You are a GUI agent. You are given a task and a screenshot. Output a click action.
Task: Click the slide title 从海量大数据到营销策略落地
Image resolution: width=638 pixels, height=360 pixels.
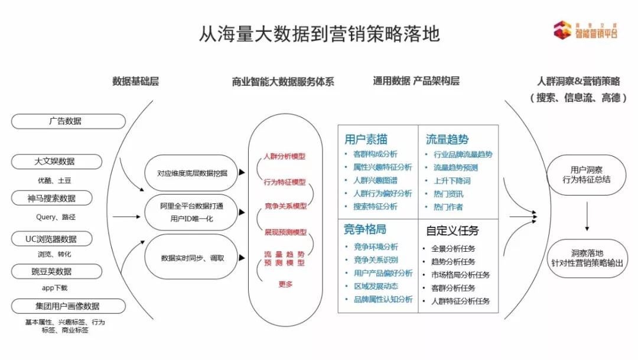pos(320,34)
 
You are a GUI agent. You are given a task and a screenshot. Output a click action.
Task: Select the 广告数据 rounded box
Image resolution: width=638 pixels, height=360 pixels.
pos(69,121)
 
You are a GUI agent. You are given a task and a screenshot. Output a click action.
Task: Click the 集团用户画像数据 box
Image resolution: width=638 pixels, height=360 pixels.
pos(69,306)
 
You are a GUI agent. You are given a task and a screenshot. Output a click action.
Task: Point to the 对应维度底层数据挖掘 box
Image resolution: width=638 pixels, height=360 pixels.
pos(193,173)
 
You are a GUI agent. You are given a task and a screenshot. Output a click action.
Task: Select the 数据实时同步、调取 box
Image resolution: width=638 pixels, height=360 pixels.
pos(193,258)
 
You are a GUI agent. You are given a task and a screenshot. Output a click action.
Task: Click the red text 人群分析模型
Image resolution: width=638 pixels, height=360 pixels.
pos(285,157)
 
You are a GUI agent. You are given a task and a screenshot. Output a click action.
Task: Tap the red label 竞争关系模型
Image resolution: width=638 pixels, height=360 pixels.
pos(285,206)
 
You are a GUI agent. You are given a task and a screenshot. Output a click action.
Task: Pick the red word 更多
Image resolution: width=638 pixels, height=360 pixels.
pos(285,284)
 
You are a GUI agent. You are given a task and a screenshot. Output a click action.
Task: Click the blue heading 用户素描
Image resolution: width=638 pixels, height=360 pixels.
pos(366,140)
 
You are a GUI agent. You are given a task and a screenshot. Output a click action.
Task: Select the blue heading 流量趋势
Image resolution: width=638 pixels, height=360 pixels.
pos(447,140)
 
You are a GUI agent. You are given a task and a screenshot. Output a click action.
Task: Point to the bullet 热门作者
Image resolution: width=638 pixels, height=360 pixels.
pos(448,207)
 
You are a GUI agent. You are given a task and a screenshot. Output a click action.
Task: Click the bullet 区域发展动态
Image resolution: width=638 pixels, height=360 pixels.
pos(376,286)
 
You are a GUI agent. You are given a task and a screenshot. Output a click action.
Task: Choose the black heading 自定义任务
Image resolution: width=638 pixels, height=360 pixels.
pos(452,231)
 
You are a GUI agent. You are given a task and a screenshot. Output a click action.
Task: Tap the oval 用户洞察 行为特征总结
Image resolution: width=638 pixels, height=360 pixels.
pos(587,174)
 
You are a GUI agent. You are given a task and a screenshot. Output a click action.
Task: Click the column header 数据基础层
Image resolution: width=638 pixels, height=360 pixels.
pos(135,81)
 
